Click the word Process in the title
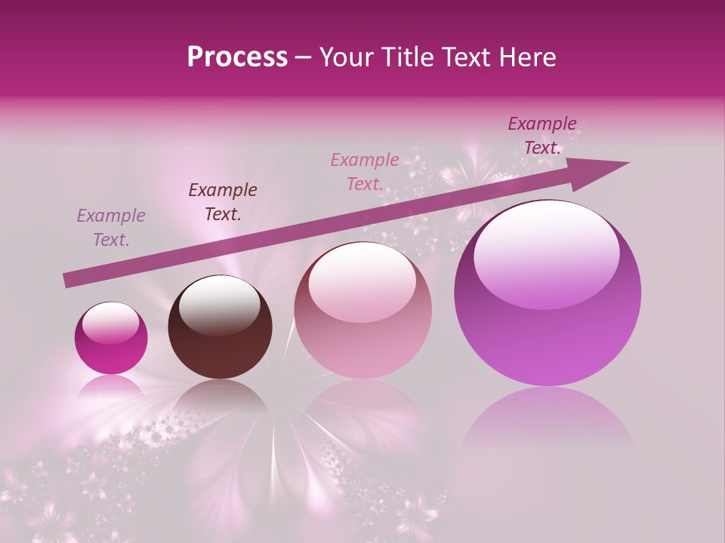point(237,57)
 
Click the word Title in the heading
point(409,57)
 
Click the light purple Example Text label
point(111,228)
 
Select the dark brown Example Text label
point(223,202)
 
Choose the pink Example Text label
point(365,172)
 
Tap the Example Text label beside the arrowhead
point(542,136)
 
